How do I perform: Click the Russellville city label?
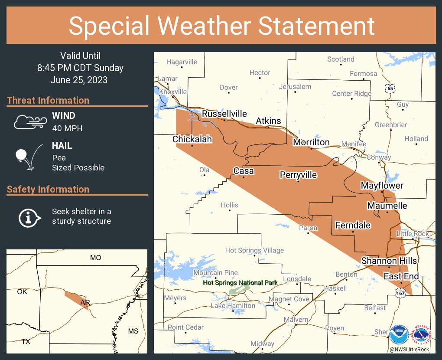point(224,114)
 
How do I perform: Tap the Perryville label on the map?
point(298,175)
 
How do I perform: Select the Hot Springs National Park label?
point(240,283)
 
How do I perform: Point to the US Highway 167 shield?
point(401,294)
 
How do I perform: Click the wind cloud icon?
point(29,122)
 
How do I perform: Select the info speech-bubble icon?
point(29,216)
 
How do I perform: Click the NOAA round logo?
point(399,335)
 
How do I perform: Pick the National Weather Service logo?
point(422,335)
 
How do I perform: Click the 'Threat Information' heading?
point(48,100)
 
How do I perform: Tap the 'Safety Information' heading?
point(48,189)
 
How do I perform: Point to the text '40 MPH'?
point(67,128)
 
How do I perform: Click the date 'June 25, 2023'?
point(79,80)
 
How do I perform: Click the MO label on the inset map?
point(96,258)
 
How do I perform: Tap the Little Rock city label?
point(413,234)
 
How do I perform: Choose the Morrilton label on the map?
point(311,142)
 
